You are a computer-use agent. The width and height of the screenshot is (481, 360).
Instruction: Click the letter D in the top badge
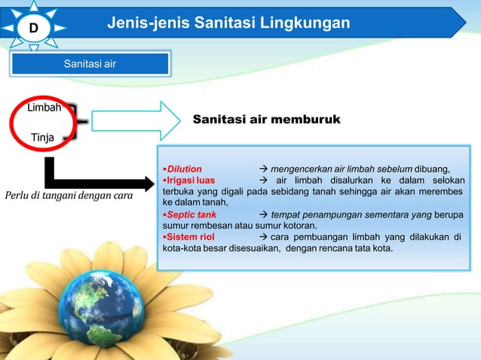point(33,29)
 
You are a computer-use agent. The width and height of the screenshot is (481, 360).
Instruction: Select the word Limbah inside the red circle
point(44,108)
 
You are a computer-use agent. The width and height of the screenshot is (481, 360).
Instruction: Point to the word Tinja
point(42,137)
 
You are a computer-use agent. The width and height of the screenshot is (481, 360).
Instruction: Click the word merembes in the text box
point(442,192)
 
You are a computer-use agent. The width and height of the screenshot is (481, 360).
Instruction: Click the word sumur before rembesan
point(176,226)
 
